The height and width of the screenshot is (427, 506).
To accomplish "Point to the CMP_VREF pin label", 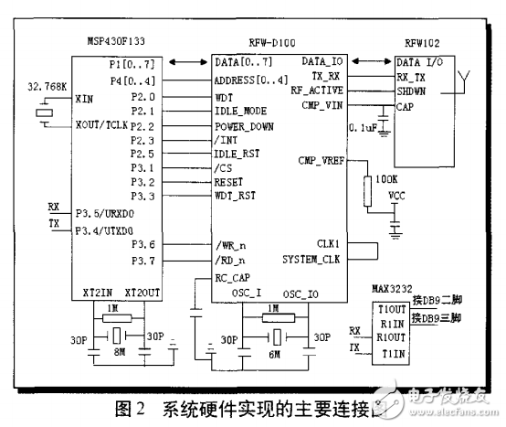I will pyautogui.click(x=320, y=161).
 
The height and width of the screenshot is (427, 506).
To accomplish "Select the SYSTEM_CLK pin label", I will pyautogui.click(x=313, y=259).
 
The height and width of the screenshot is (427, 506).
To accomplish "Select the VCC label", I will pyautogui.click(x=396, y=195).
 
